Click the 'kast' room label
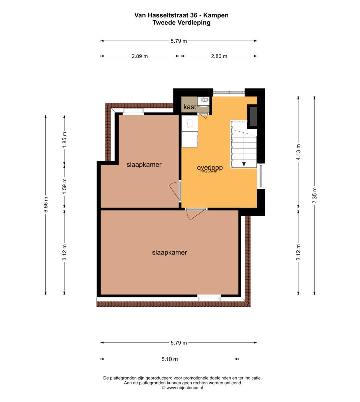[190, 107]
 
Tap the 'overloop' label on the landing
[210, 167]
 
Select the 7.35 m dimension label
[314, 195]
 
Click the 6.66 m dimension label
[46, 204]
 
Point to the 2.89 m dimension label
[140, 56]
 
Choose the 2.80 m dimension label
[219, 56]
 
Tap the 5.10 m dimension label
[170, 359]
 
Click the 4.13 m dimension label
[298, 152]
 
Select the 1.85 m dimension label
[64, 140]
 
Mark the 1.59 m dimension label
[64, 187]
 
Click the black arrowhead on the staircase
[244, 164]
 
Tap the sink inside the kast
[205, 100]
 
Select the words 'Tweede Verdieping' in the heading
[181, 22]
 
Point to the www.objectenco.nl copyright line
[182, 388]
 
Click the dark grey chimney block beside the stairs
[253, 116]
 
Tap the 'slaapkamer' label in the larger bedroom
[169, 252]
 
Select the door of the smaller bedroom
[175, 191]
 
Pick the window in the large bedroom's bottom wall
[209, 298]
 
